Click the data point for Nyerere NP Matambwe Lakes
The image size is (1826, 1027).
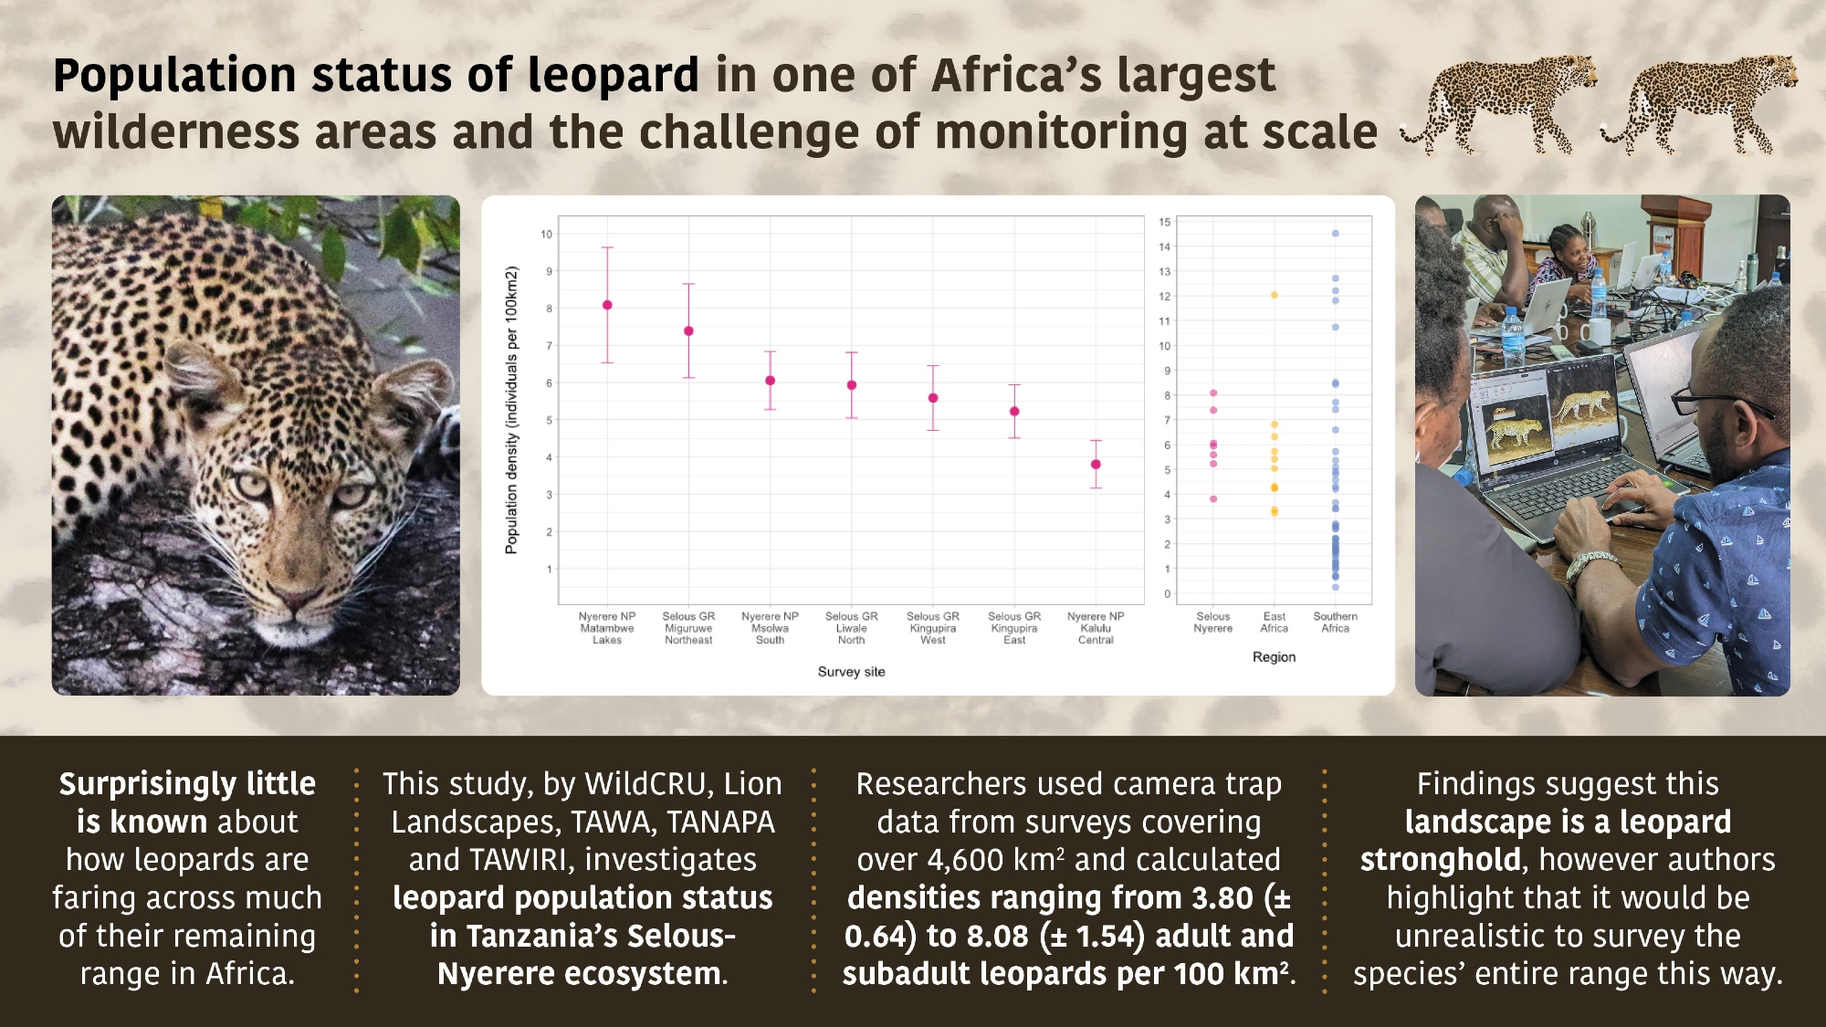click(x=607, y=305)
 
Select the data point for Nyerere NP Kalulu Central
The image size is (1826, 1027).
click(x=1096, y=465)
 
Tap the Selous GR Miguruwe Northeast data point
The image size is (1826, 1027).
click(x=688, y=331)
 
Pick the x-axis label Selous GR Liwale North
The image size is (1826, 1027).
click(x=851, y=628)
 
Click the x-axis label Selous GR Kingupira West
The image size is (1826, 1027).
click(x=932, y=628)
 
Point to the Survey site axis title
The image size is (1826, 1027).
click(x=851, y=672)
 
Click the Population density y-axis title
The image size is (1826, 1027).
click(x=511, y=410)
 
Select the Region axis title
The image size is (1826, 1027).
click(x=1274, y=657)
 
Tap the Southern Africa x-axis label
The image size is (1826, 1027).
click(x=1335, y=623)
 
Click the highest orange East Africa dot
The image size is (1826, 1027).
click(x=1274, y=295)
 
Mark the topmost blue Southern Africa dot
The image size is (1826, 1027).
click(x=1335, y=234)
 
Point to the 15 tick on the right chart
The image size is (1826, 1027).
click(x=1164, y=222)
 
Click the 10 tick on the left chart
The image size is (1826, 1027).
click(x=546, y=235)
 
